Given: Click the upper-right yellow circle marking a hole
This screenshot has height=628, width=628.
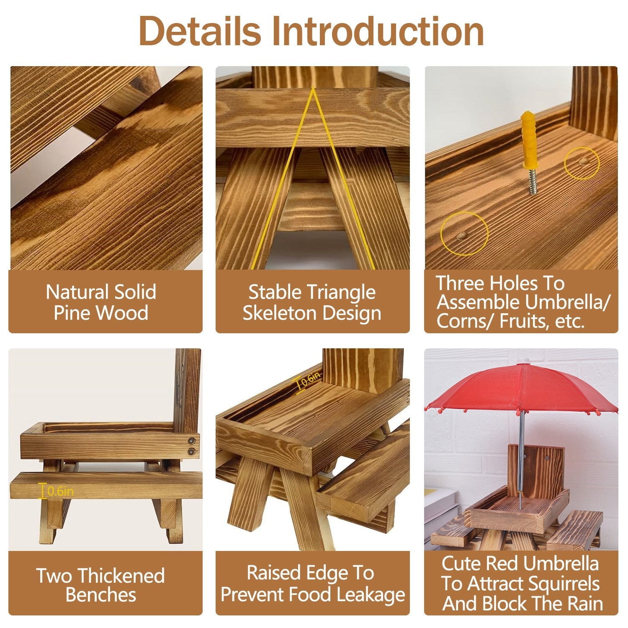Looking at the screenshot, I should click(x=582, y=163).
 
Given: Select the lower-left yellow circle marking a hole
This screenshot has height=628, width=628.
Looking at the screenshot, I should click(x=464, y=234).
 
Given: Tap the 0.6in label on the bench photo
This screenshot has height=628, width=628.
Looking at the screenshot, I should click(x=60, y=491).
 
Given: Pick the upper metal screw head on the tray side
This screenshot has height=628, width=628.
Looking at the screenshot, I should click(x=192, y=440).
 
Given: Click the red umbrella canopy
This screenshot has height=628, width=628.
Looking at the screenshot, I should click(x=521, y=387).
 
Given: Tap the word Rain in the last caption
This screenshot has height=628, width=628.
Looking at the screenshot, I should click(x=585, y=604).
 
